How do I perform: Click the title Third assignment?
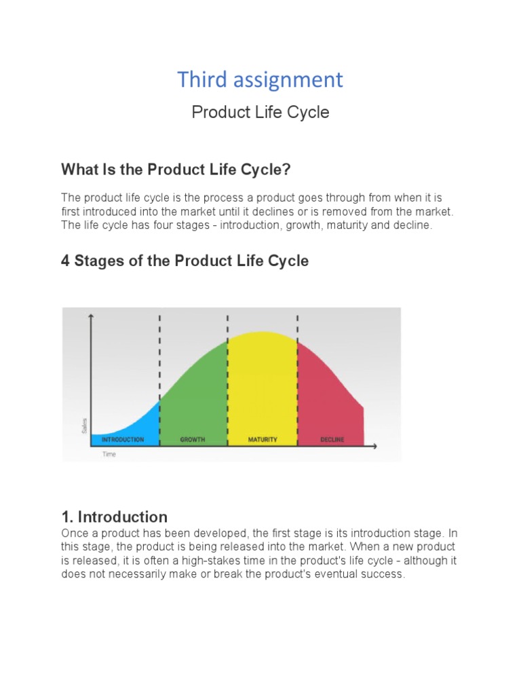point(260,80)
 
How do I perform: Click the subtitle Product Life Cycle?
point(260,112)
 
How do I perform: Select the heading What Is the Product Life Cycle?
point(176,169)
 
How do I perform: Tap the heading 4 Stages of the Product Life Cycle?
point(185,261)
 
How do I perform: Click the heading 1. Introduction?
point(114,516)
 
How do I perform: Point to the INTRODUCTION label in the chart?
point(123,440)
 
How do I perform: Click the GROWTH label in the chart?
point(193,440)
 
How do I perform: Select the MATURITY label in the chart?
point(263,440)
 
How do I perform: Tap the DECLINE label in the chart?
point(332,440)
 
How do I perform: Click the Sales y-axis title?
point(84,426)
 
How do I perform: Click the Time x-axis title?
point(109,454)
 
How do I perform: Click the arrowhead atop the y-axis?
point(92,316)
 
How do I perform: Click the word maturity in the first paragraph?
point(347,225)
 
